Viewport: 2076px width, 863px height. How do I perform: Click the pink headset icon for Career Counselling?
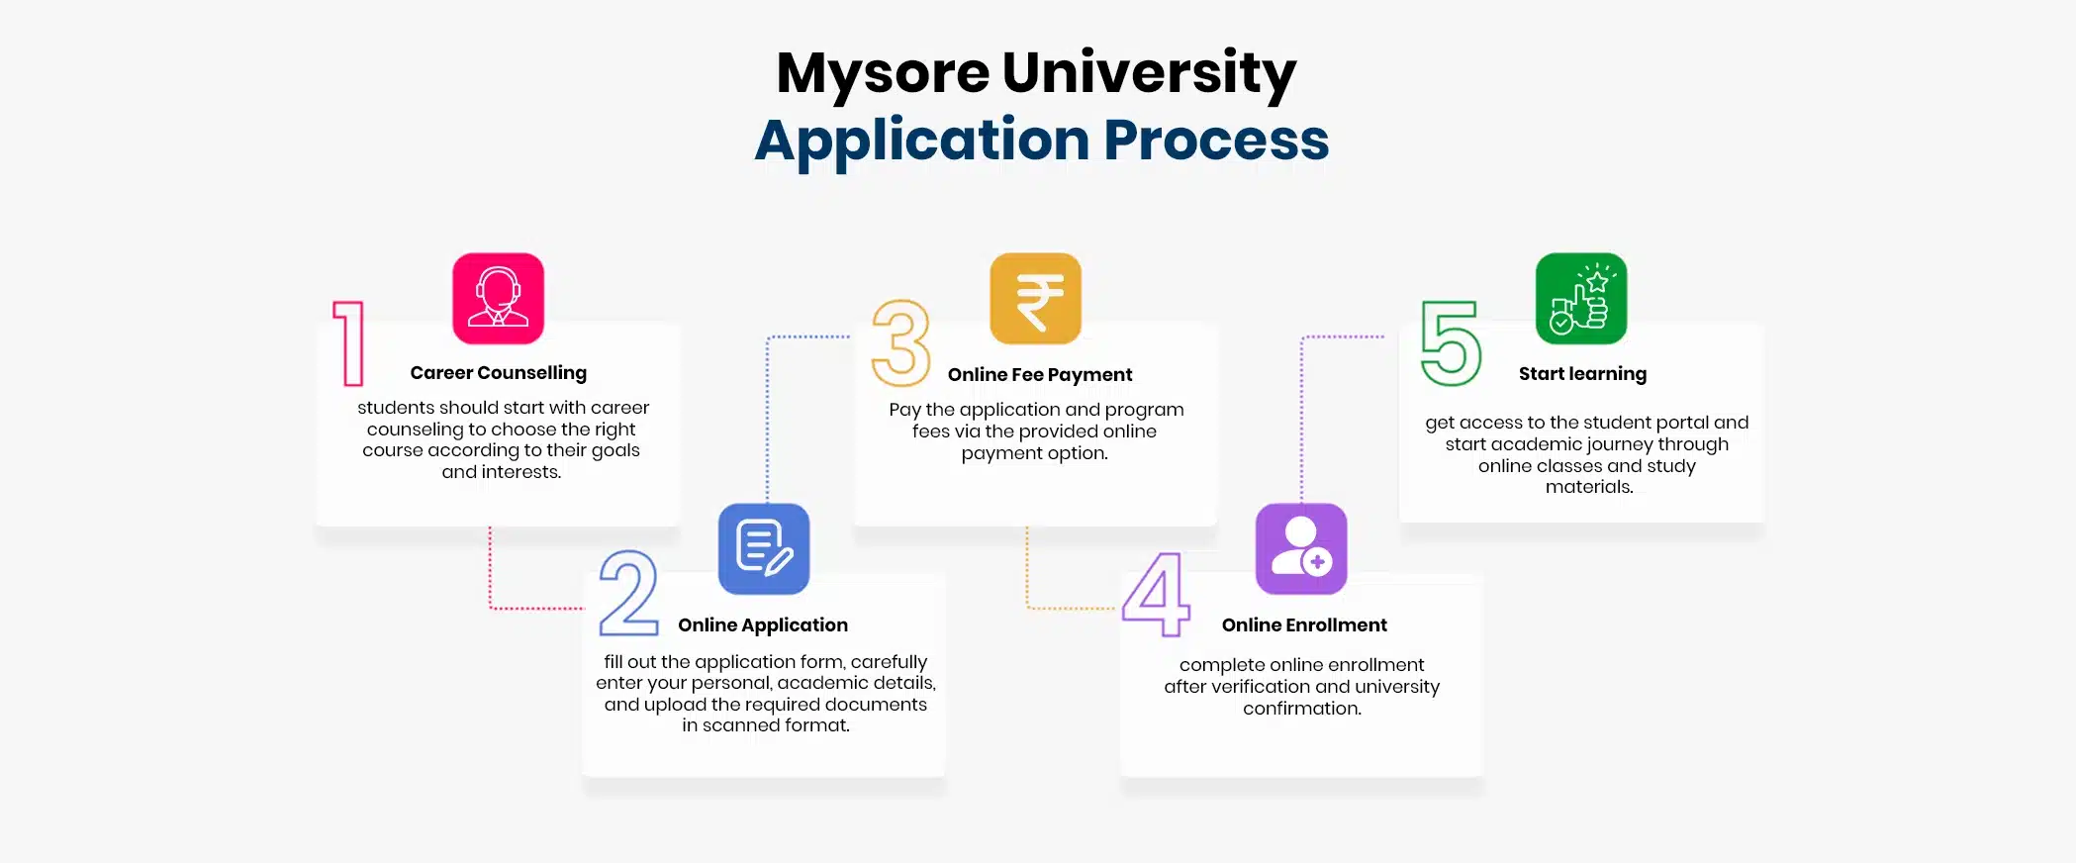(498, 298)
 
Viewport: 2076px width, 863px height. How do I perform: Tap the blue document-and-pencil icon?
(763, 548)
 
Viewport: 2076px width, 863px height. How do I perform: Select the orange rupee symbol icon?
(1035, 298)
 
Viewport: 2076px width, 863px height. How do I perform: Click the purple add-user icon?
(1300, 548)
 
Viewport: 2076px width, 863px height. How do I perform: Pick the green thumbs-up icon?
(1580, 298)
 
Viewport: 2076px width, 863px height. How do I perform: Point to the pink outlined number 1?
(349, 342)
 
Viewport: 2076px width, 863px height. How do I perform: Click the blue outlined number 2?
(628, 593)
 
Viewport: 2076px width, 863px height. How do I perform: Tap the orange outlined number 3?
(900, 342)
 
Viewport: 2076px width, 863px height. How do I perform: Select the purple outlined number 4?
(1156, 594)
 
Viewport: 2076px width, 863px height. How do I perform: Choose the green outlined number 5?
(1451, 342)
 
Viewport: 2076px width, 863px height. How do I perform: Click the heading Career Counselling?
(498, 373)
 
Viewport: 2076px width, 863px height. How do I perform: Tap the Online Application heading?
(763, 625)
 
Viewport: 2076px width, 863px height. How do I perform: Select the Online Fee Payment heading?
(1040, 375)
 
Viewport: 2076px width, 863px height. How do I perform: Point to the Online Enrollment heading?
(1304, 625)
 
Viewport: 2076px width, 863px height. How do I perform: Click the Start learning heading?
(1582, 374)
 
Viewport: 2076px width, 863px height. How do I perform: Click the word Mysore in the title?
(883, 73)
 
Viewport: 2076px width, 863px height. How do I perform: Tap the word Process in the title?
(1216, 141)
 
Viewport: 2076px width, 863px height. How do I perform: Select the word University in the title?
(1149, 73)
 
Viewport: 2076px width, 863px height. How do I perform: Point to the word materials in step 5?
(1588, 487)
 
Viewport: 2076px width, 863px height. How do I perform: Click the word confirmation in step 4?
(1301, 709)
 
